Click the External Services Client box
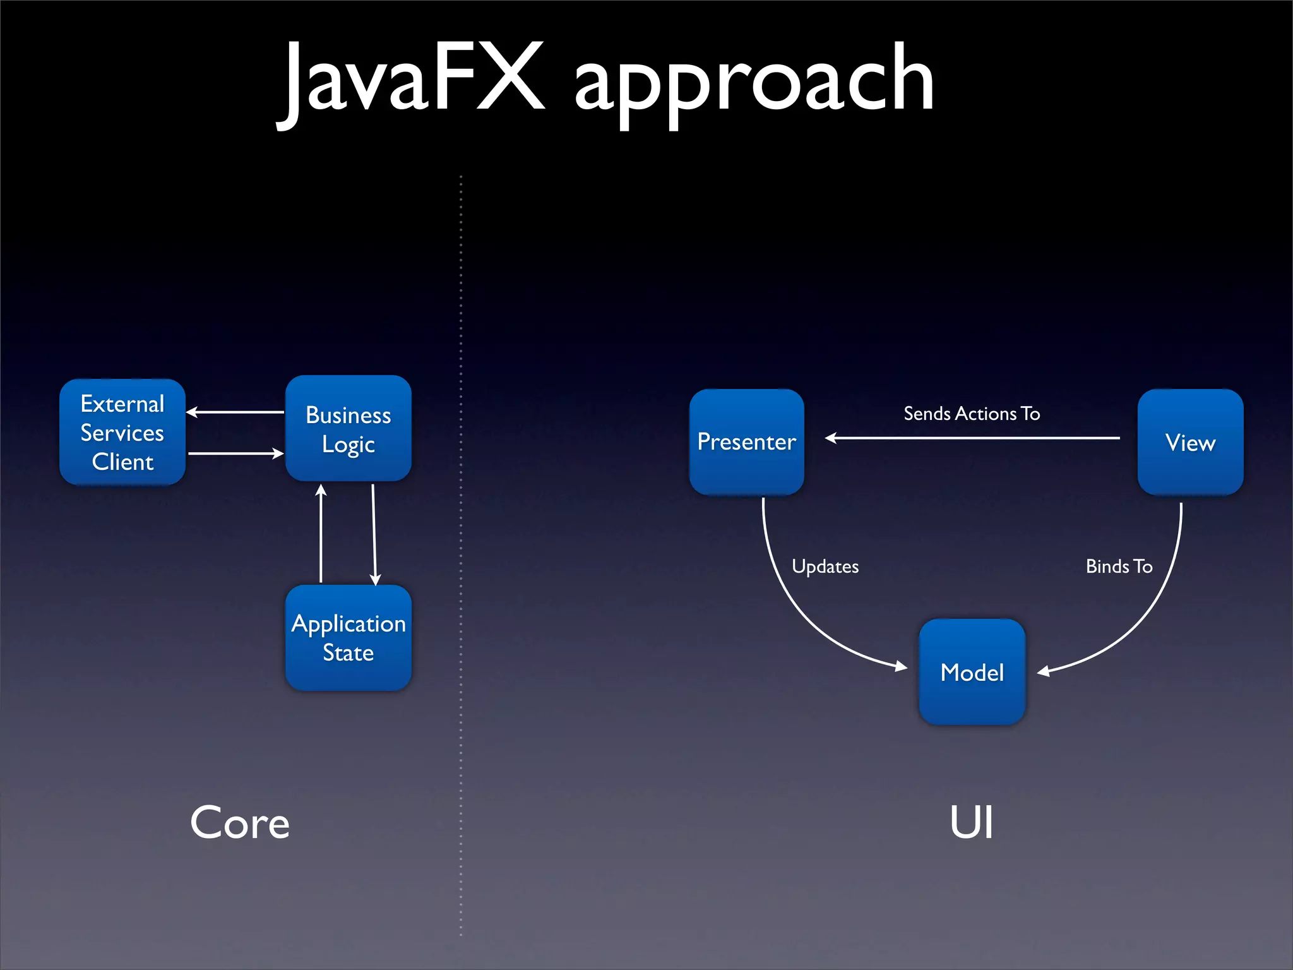(x=122, y=433)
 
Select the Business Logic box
(x=349, y=429)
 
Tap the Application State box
(x=349, y=638)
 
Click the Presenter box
(x=746, y=442)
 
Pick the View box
(x=1190, y=442)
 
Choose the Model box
(x=972, y=672)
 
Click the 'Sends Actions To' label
(x=972, y=414)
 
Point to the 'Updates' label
(x=825, y=566)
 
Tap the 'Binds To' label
(x=1119, y=566)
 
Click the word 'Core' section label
(x=240, y=823)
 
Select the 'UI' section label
(x=972, y=823)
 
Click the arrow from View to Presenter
(x=972, y=438)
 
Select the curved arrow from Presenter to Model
(x=799, y=606)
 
